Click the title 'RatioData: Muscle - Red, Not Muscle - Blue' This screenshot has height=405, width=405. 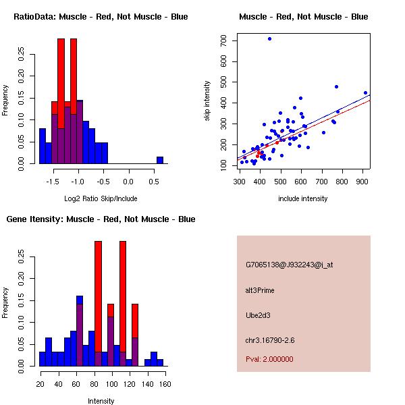pos(101,17)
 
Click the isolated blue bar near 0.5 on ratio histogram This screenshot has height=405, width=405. pos(160,160)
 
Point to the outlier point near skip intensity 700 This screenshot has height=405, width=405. pos(269,39)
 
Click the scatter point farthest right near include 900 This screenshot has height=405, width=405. pos(365,93)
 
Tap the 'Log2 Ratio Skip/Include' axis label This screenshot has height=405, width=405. pos(102,199)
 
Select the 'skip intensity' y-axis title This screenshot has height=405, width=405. pos(207,101)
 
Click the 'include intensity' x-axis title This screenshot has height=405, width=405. pos(302,199)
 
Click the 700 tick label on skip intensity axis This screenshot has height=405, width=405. pos(223,40)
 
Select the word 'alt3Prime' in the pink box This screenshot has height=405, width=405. pos(260,290)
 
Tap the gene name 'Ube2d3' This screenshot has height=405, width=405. pos(257,315)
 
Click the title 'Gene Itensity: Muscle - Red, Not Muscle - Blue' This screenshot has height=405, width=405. pos(101,219)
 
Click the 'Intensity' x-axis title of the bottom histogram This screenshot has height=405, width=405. pos(101,402)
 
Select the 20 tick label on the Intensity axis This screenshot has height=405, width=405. pos(41,384)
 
